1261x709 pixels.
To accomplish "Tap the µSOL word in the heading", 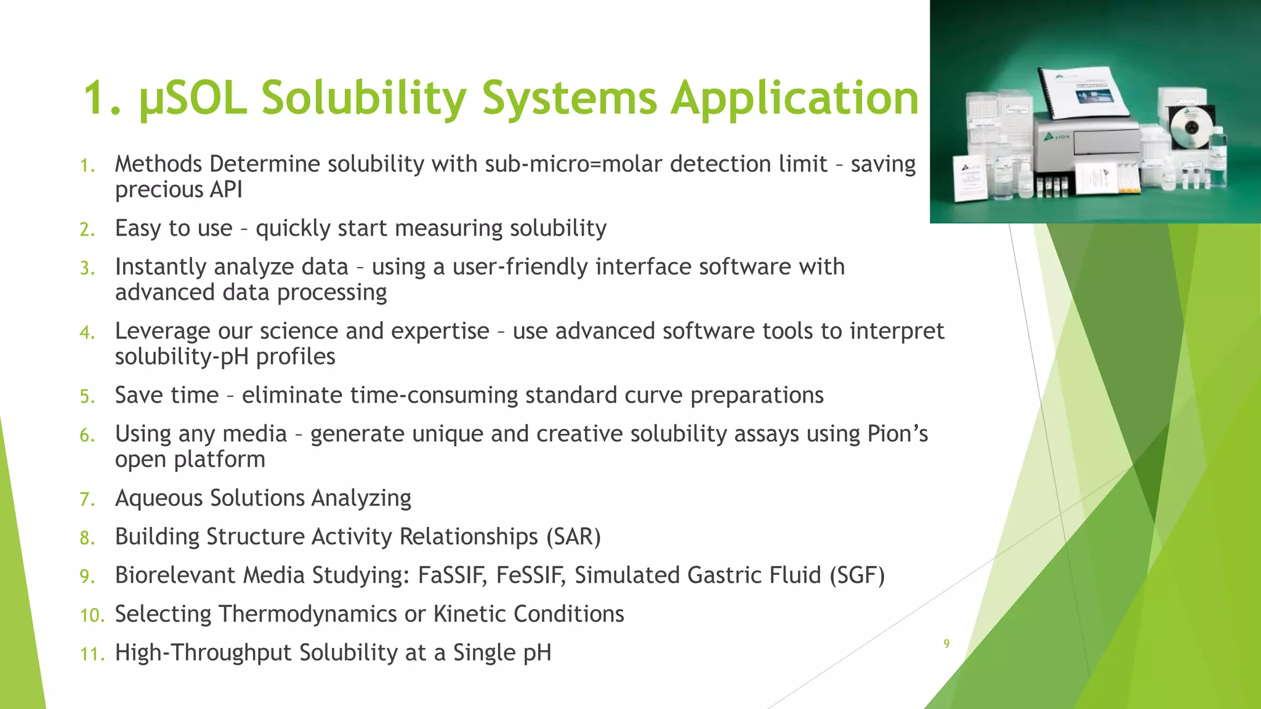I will coord(193,98).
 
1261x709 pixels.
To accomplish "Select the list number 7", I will coord(87,499).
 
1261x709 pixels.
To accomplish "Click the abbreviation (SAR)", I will coord(573,537).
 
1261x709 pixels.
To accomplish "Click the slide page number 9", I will coord(946,644).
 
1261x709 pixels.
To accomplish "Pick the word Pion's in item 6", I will coord(897,434).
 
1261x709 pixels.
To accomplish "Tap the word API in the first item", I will coord(225,190).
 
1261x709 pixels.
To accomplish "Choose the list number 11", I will coord(92,654).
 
